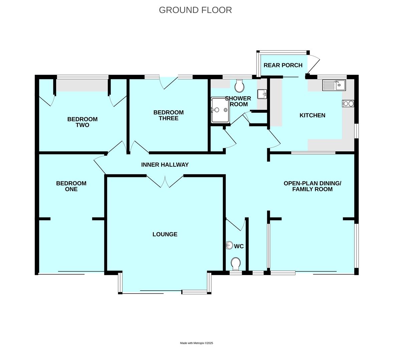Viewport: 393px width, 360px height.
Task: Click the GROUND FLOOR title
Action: (195, 10)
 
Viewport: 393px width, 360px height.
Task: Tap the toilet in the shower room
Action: (239, 86)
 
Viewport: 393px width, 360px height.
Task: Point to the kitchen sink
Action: (334, 85)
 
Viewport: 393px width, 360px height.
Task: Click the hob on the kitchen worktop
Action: (348, 104)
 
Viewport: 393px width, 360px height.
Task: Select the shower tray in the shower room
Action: (220, 110)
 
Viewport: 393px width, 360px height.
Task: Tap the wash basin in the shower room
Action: (262, 94)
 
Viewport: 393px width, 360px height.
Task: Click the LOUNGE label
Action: (165, 234)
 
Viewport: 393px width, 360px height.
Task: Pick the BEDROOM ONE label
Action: (71, 186)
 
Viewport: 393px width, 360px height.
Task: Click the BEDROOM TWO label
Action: (82, 122)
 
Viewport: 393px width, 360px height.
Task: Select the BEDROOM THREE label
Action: (168, 115)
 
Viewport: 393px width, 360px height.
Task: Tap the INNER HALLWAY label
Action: (165, 165)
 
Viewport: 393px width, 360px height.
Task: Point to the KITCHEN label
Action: (312, 115)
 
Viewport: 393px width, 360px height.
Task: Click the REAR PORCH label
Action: (283, 65)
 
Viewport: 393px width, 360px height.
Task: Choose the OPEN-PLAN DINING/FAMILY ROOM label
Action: (312, 186)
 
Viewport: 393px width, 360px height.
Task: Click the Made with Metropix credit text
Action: (196, 343)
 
